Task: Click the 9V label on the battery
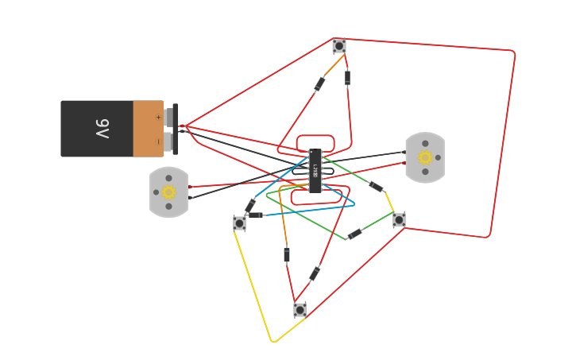(102, 128)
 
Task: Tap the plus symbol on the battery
(158, 117)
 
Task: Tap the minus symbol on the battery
(158, 141)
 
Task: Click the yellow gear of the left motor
(168, 192)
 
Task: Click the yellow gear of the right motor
(425, 157)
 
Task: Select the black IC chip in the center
(315, 170)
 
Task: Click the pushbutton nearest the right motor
(399, 219)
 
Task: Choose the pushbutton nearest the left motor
(239, 223)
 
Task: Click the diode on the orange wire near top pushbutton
(319, 83)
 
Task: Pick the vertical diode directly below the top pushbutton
(347, 77)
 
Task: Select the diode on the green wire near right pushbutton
(355, 234)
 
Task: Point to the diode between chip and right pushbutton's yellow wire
(377, 187)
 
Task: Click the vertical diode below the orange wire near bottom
(287, 254)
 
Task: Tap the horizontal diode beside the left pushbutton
(255, 215)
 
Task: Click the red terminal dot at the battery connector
(182, 126)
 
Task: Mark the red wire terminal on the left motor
(191, 187)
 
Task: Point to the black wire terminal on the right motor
(404, 152)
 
